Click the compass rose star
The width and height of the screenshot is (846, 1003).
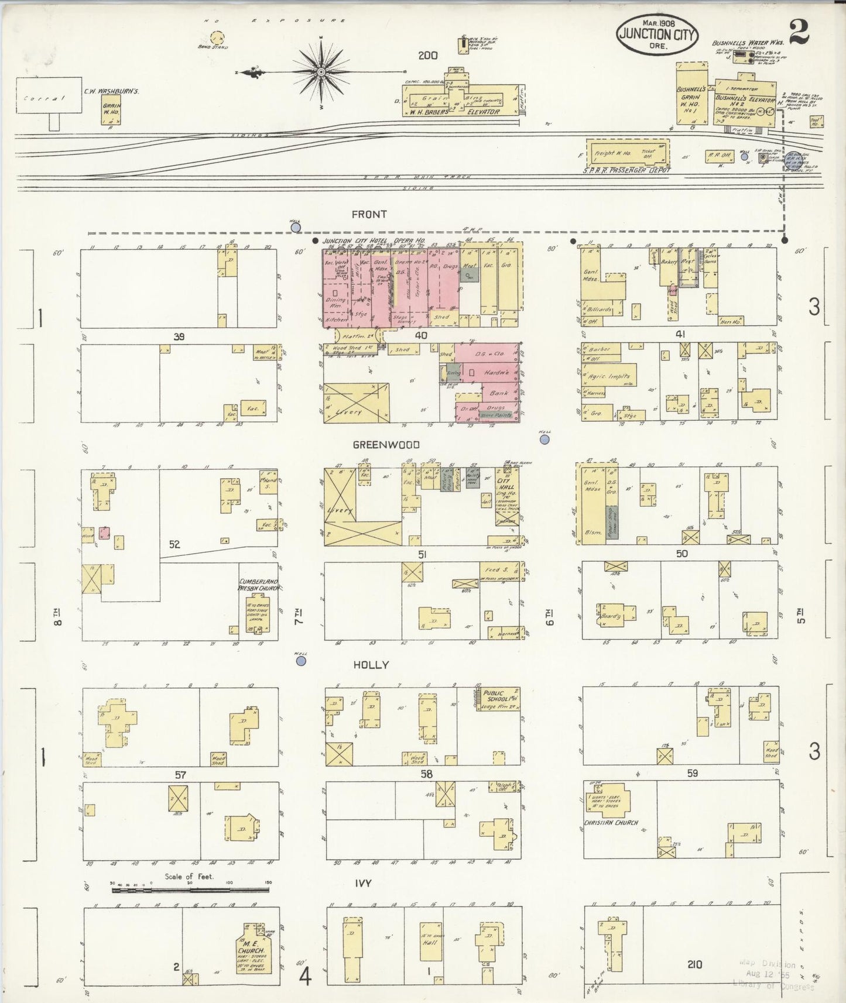pyautogui.click(x=321, y=71)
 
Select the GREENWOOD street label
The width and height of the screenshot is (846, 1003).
pyautogui.click(x=386, y=445)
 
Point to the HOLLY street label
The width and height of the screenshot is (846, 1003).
pyautogui.click(x=371, y=665)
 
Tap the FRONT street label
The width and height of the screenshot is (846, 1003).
pyautogui.click(x=368, y=215)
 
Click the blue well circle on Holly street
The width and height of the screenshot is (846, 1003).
pyautogui.click(x=301, y=661)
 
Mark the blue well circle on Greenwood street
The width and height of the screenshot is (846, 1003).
pyautogui.click(x=545, y=439)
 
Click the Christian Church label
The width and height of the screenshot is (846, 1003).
pyautogui.click(x=611, y=822)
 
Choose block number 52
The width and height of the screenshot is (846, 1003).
pyautogui.click(x=174, y=544)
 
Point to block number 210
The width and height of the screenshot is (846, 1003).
pyautogui.click(x=694, y=964)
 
